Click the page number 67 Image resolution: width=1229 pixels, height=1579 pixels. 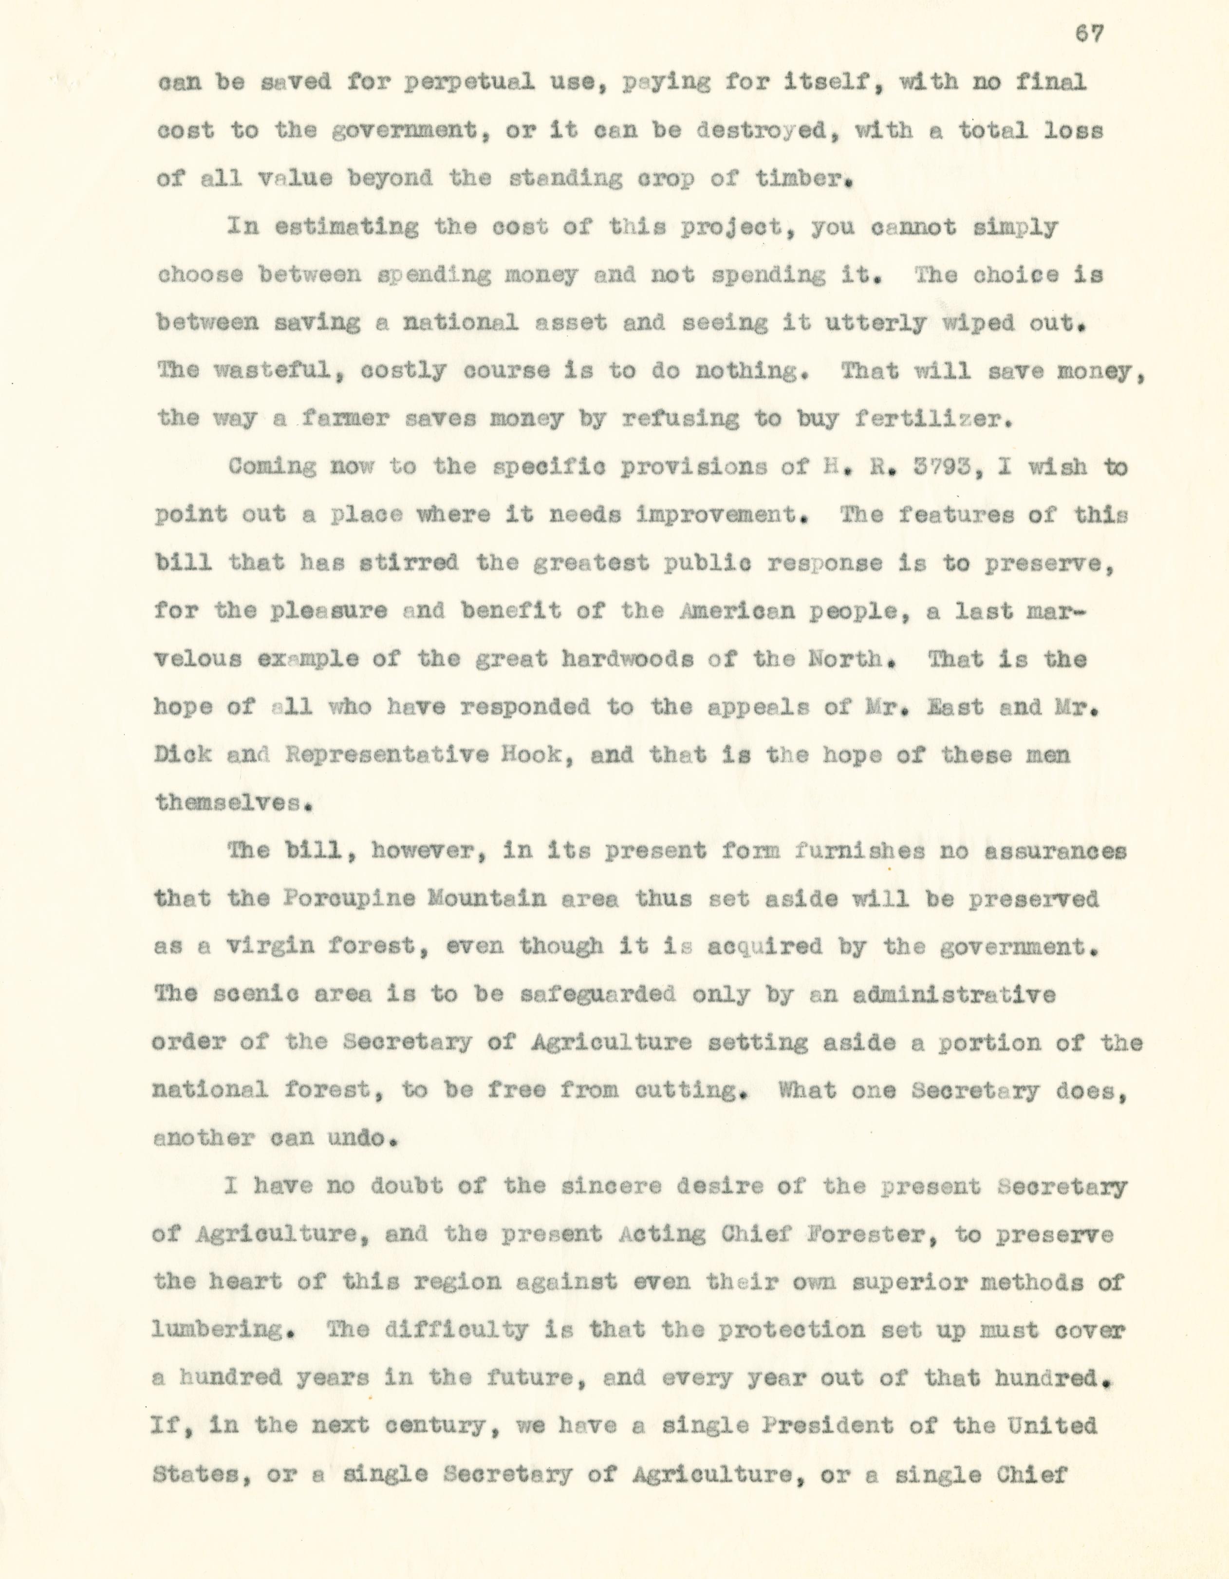(x=1089, y=34)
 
